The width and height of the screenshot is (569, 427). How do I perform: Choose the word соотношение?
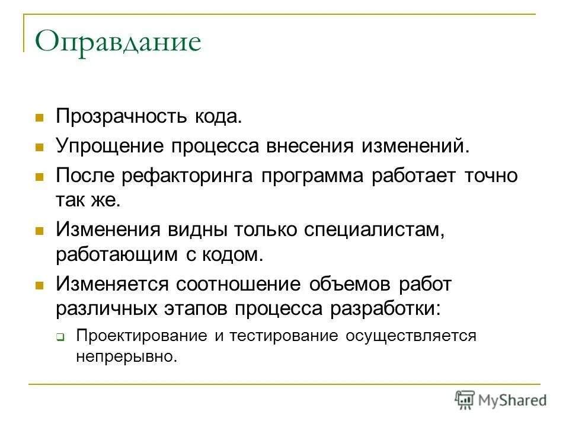238,283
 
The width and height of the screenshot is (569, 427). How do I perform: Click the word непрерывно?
126,357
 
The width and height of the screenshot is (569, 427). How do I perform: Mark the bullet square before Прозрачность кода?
40,116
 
